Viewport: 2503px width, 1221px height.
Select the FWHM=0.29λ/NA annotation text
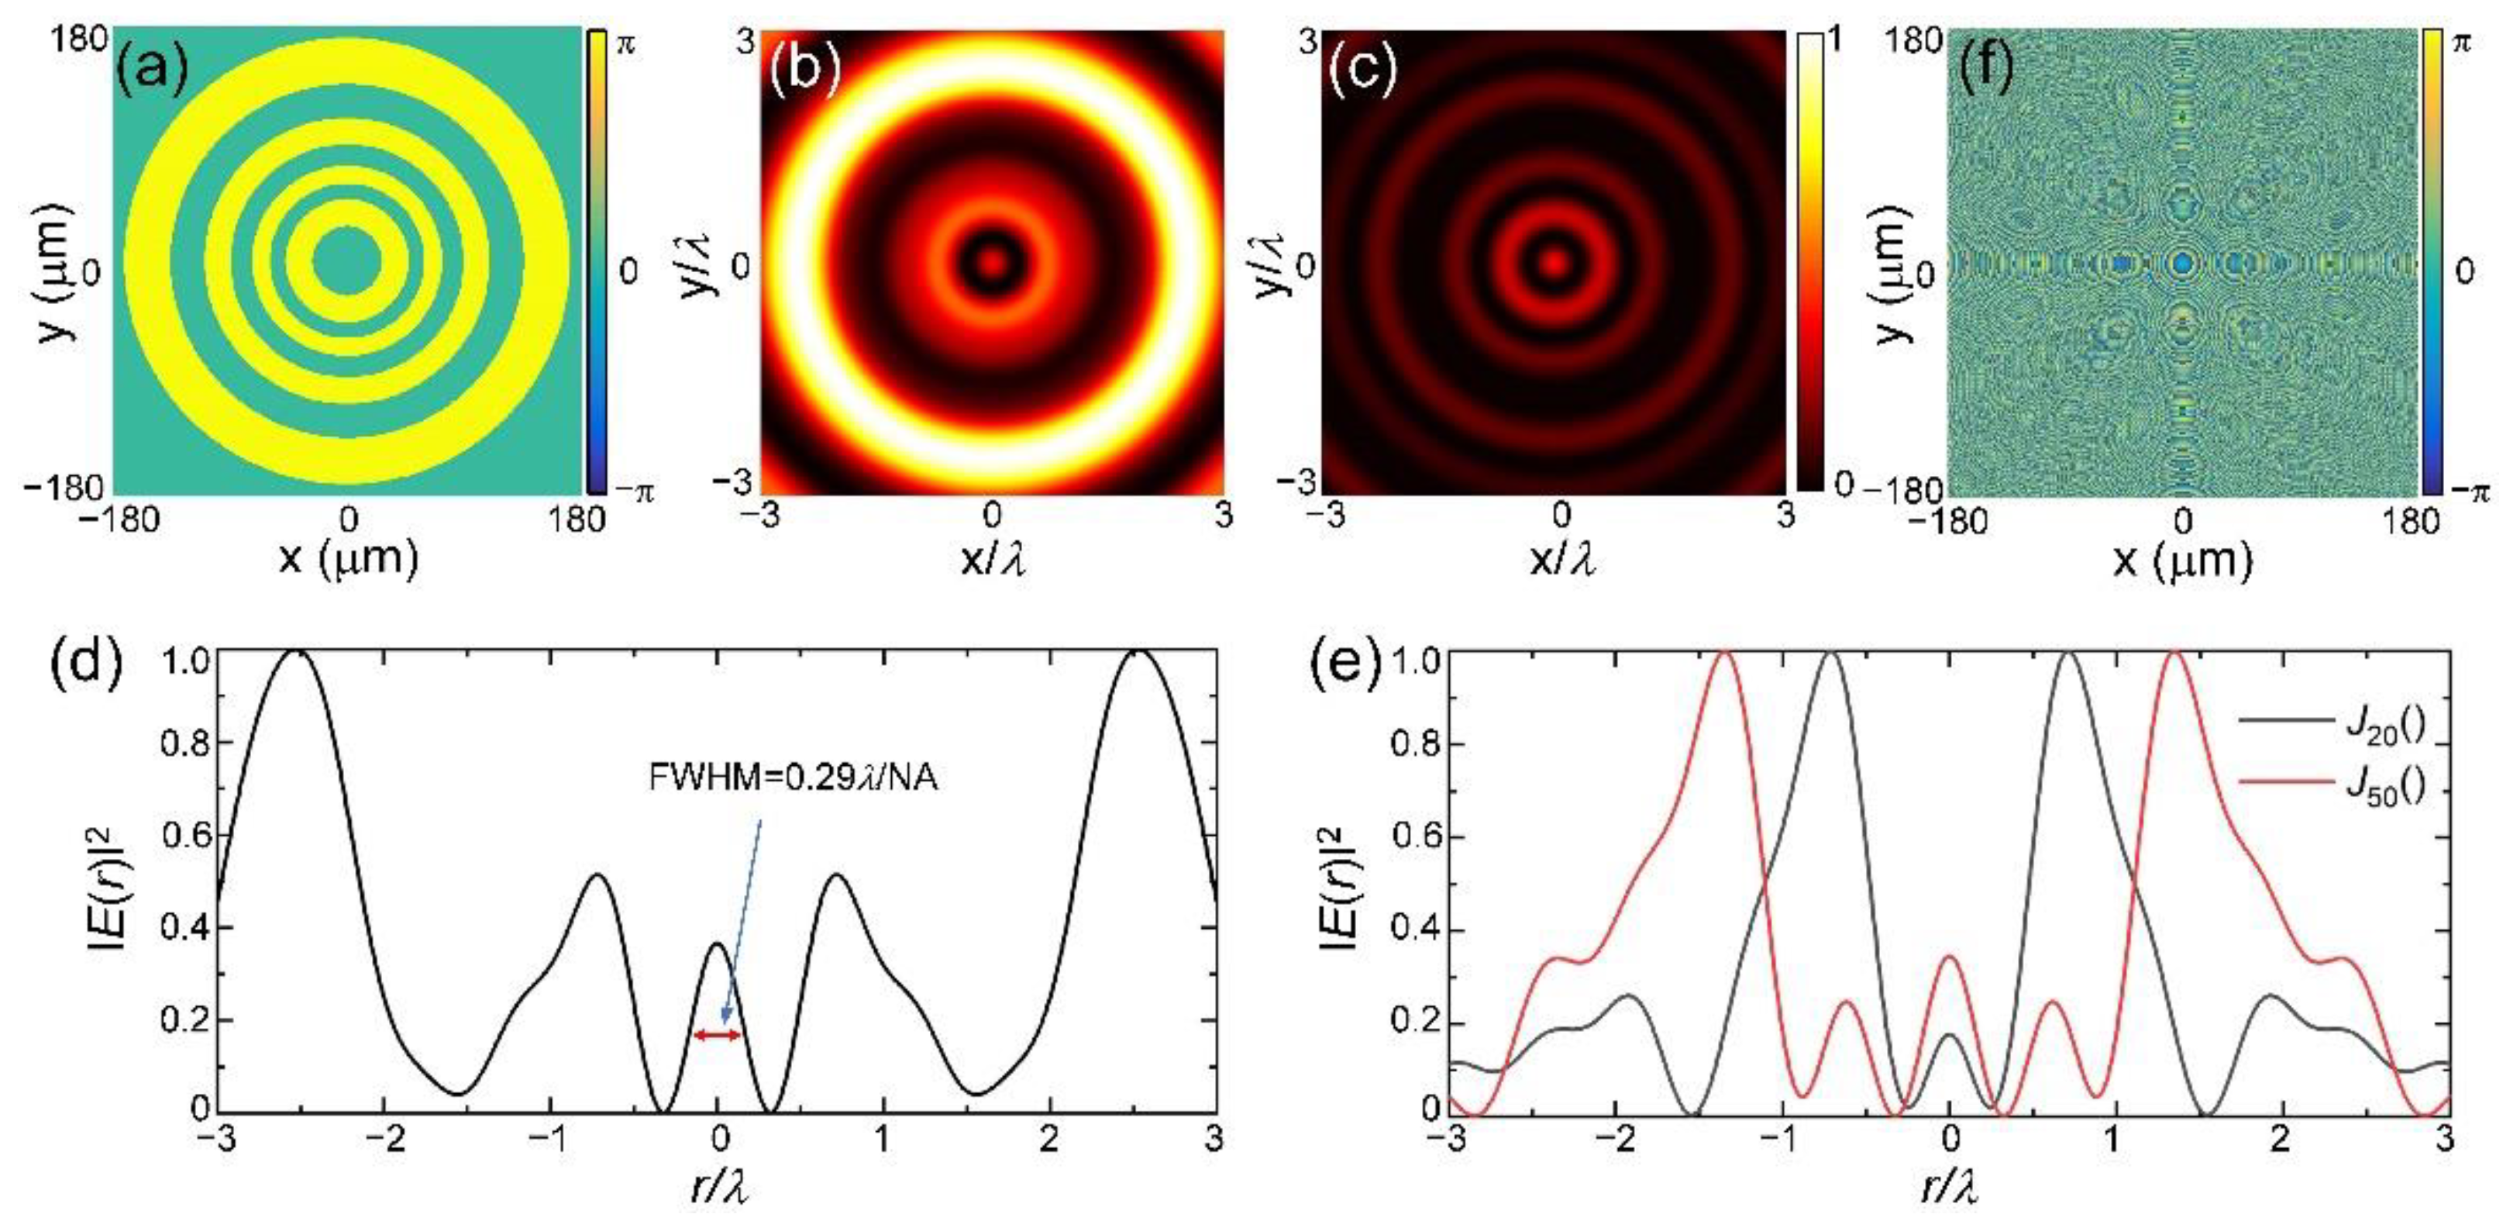(793, 778)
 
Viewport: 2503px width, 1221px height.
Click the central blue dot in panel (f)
(2182, 263)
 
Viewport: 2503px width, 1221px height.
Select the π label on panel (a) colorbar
(627, 43)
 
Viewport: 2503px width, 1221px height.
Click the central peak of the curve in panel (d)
(717, 944)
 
